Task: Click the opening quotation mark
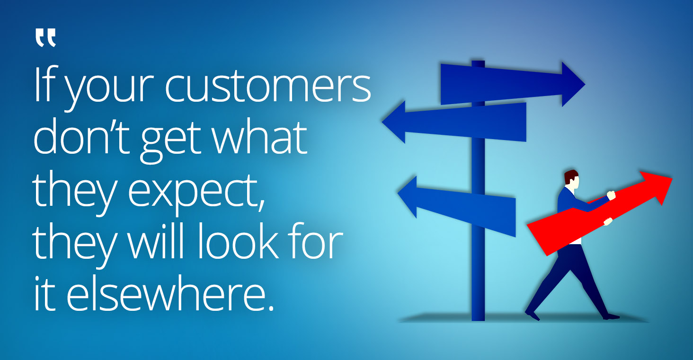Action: (45, 38)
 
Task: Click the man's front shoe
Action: (611, 316)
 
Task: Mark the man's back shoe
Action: (532, 315)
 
